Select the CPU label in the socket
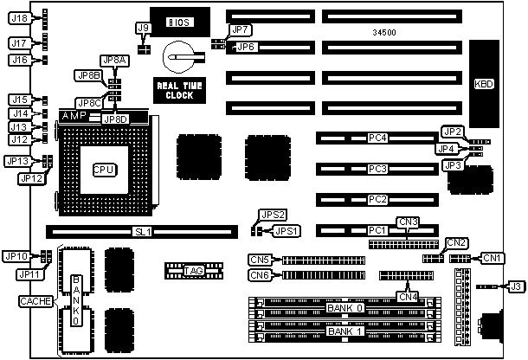tap(104, 169)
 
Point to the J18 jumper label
tap(19, 18)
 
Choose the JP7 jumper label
tap(242, 30)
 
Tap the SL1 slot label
tap(142, 232)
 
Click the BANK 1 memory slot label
tap(345, 331)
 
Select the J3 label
tap(515, 286)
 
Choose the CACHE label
tap(39, 300)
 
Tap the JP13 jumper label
tap(19, 161)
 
